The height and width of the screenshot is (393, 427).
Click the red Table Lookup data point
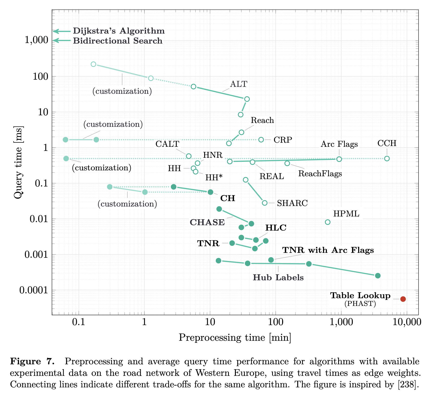(x=403, y=299)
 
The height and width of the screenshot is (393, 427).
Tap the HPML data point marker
(x=328, y=222)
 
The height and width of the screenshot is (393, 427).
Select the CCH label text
(x=387, y=143)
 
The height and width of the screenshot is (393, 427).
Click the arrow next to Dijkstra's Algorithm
(x=61, y=31)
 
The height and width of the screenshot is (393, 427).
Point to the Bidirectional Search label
(x=118, y=41)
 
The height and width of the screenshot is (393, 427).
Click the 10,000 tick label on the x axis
(x=407, y=322)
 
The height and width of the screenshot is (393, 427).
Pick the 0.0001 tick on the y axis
(x=34, y=290)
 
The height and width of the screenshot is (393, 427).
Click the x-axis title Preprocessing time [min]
(x=235, y=337)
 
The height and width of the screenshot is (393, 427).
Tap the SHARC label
(x=292, y=203)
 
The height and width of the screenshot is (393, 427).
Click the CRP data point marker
(x=261, y=140)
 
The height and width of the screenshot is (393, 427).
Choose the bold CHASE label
(x=207, y=222)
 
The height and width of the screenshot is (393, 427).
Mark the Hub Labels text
(x=278, y=277)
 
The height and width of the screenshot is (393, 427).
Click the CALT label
(x=167, y=144)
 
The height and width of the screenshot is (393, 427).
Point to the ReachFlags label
(x=320, y=174)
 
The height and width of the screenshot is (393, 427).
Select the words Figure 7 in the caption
(x=32, y=361)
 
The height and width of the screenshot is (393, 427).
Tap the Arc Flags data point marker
(x=339, y=159)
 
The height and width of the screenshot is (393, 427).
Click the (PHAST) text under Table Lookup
(x=360, y=304)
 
